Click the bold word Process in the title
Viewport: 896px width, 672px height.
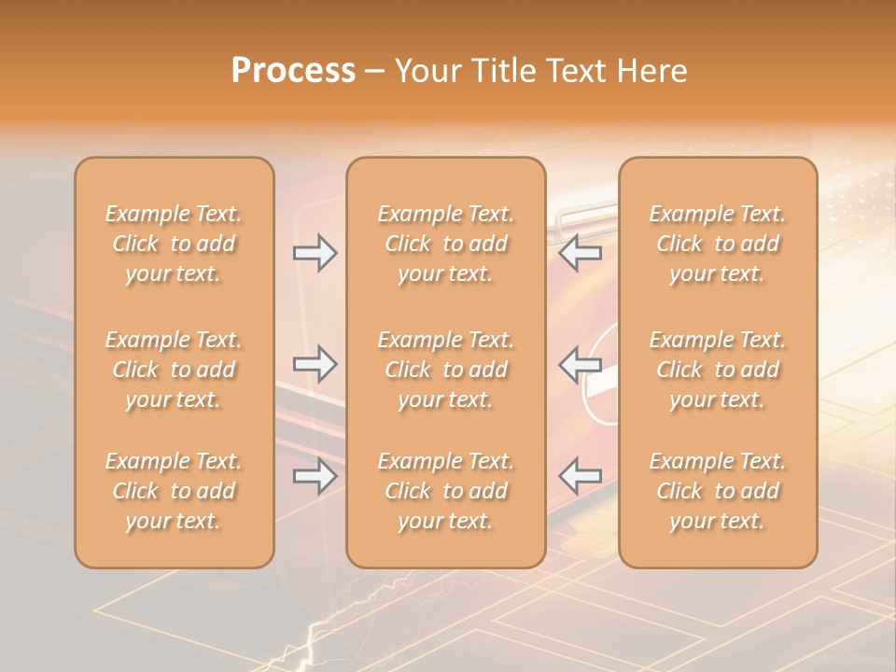point(293,71)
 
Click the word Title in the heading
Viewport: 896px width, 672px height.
point(504,71)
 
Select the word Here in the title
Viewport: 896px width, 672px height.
point(651,71)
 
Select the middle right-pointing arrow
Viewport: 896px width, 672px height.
point(315,364)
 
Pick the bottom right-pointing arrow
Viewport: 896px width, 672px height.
point(315,477)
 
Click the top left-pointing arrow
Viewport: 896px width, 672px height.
point(581,252)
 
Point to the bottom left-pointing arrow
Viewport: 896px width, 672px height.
point(581,475)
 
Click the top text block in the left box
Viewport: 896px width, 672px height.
point(174,244)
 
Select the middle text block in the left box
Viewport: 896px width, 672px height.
point(174,370)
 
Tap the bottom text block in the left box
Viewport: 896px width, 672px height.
point(174,491)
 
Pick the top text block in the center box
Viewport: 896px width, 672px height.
point(446,244)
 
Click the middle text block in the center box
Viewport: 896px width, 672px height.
point(446,370)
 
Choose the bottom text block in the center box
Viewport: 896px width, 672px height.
point(446,491)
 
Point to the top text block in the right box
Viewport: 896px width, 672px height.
point(718,244)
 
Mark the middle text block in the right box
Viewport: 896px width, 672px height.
point(718,370)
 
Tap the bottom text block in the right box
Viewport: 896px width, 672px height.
point(718,491)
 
